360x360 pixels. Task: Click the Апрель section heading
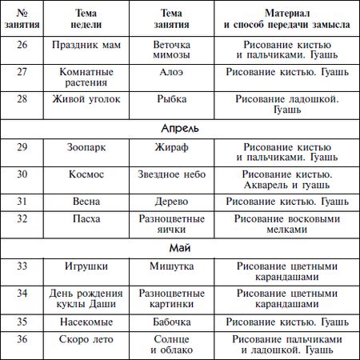pos(179,128)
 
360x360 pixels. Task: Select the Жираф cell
pos(177,149)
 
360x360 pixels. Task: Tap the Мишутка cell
pos(177,266)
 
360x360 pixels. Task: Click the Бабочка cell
pos(177,324)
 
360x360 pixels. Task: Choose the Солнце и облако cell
pos(177,346)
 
